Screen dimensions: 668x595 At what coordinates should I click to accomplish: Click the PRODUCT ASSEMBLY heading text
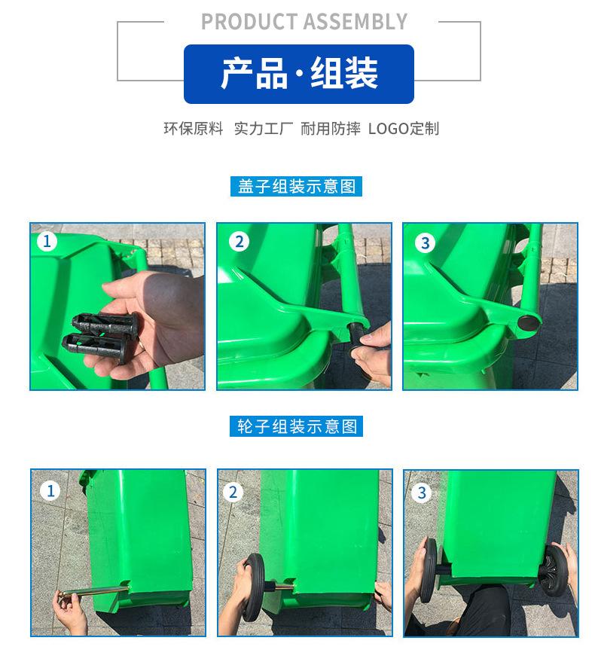tap(304, 22)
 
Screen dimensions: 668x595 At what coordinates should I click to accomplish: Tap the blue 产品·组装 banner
tap(299, 74)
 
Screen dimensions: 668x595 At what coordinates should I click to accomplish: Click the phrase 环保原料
tap(194, 129)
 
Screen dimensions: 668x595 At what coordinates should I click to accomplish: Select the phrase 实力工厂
tap(264, 129)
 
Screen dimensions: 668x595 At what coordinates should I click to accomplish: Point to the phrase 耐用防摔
tap(331, 129)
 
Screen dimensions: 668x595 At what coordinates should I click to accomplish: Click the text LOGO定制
tap(403, 129)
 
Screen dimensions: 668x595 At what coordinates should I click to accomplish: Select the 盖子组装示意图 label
tap(297, 186)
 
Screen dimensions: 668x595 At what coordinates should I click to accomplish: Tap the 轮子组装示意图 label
tap(297, 426)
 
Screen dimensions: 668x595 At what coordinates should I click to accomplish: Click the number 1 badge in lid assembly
tap(47, 242)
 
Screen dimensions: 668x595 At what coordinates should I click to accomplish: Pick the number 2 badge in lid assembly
tap(239, 242)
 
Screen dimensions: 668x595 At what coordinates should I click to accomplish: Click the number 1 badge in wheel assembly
tap(50, 492)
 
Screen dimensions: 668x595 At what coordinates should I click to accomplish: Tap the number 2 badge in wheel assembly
tap(232, 493)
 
